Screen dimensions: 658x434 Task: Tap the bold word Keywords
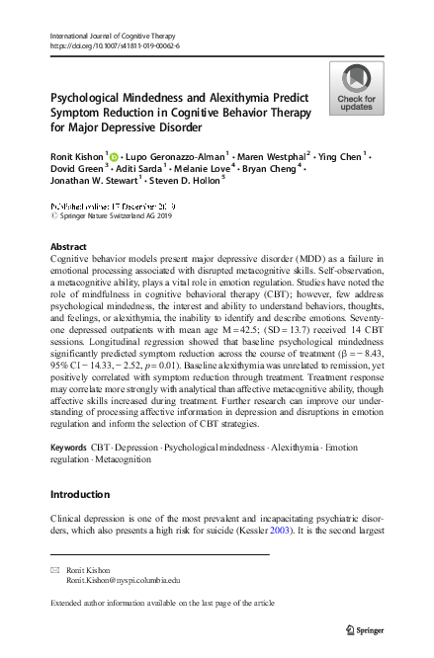[68, 449]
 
